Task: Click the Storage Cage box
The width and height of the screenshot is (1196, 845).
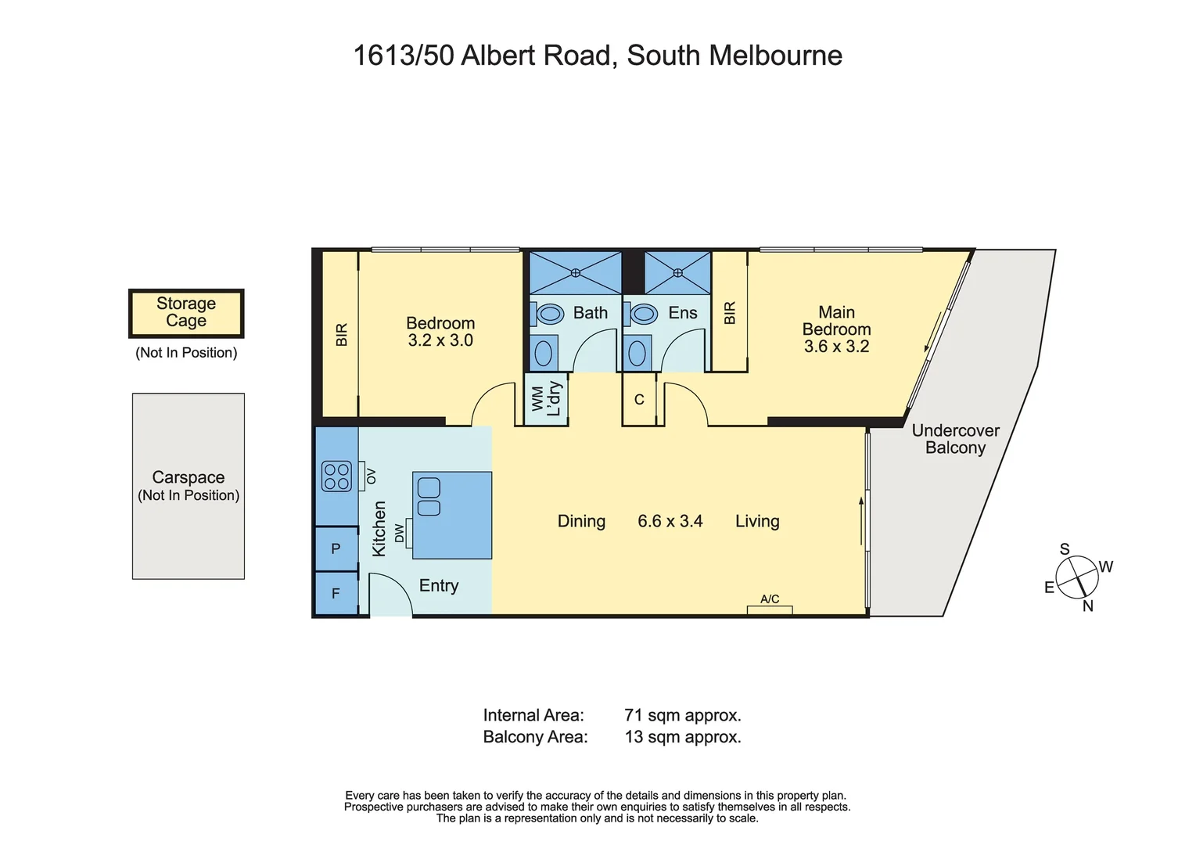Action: (186, 314)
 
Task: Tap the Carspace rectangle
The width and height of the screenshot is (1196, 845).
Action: (189, 486)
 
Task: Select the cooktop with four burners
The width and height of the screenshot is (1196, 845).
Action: (336, 476)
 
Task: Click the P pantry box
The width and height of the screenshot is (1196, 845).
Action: (336, 548)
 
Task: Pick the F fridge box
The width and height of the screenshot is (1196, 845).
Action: (336, 593)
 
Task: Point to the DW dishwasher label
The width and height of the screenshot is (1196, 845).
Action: (400, 533)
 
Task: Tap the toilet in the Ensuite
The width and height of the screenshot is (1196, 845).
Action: (641, 314)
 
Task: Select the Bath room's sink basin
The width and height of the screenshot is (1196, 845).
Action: (544, 353)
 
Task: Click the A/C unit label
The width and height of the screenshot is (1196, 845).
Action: (770, 599)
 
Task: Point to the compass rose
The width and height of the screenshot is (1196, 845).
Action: (1077, 577)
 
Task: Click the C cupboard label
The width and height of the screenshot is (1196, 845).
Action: (639, 400)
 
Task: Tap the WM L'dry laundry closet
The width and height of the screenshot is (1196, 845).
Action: (546, 398)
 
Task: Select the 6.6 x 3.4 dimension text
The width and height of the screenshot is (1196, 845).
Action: (670, 521)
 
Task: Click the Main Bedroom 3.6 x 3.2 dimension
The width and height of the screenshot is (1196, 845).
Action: (837, 346)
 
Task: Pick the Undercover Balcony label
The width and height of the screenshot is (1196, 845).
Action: (956, 438)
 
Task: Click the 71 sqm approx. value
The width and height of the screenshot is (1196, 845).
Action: (683, 714)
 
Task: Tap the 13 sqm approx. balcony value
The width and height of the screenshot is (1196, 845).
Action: (683, 736)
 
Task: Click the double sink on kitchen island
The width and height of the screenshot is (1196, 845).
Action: (429, 497)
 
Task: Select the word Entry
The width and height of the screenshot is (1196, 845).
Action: (439, 586)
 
